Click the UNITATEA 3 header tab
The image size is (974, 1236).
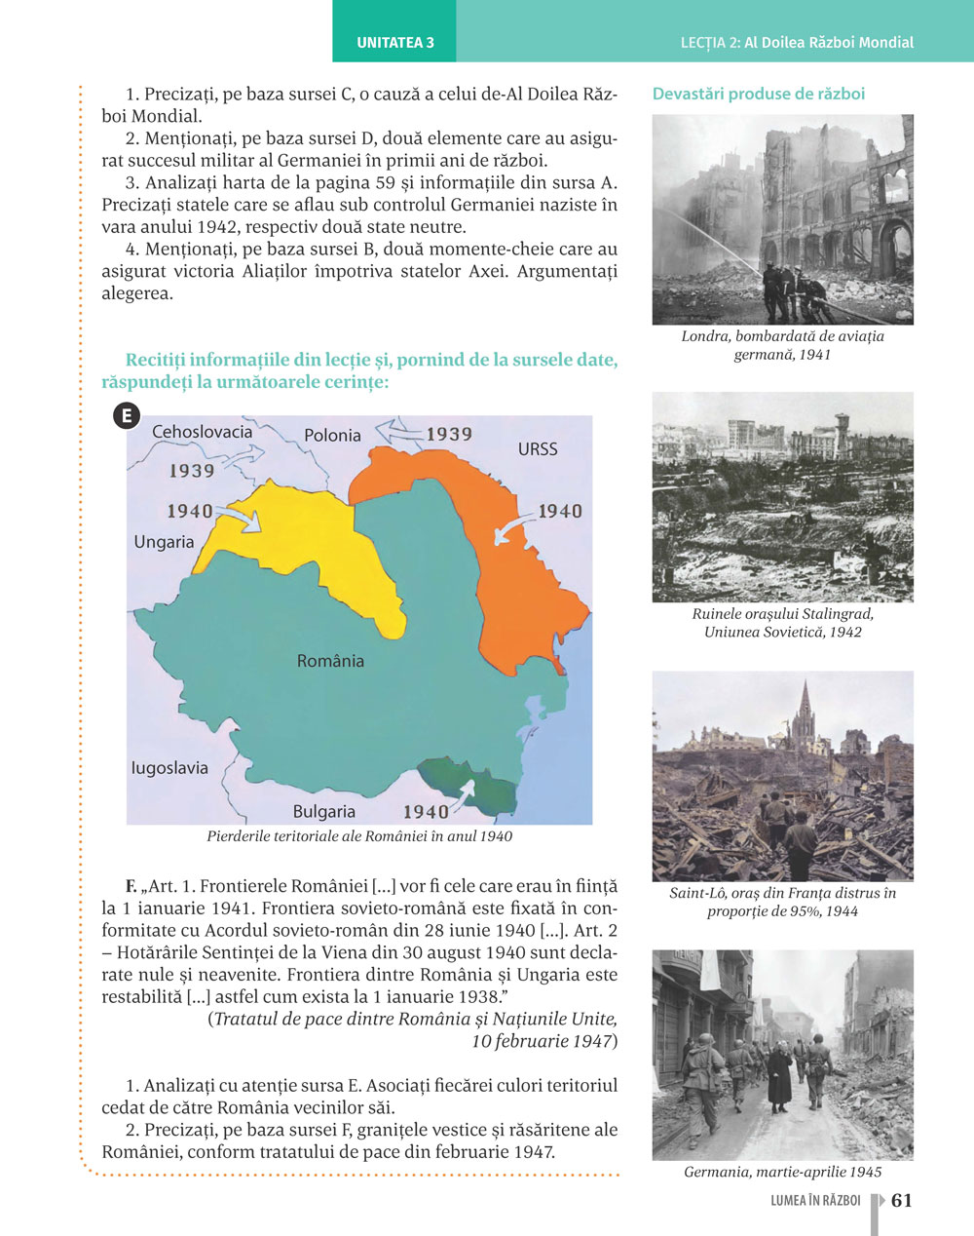pos(394,43)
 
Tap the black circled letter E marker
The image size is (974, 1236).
pos(126,416)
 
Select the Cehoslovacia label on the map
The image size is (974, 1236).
pos(202,432)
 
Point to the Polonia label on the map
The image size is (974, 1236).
pos(332,436)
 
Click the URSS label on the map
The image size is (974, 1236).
pos(538,449)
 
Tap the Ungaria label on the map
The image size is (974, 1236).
pos(164,542)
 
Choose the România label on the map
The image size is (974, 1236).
pos(330,661)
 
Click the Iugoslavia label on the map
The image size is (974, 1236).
pos(169,768)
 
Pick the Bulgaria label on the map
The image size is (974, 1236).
pos(324,811)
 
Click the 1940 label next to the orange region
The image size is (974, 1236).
pos(559,512)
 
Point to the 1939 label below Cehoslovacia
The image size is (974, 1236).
pos(192,471)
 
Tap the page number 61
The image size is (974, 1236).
pos(902,1200)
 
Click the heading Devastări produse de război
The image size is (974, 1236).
pos(759,95)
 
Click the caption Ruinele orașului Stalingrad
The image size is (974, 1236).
pos(783,614)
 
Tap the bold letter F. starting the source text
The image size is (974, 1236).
pos(131,886)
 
